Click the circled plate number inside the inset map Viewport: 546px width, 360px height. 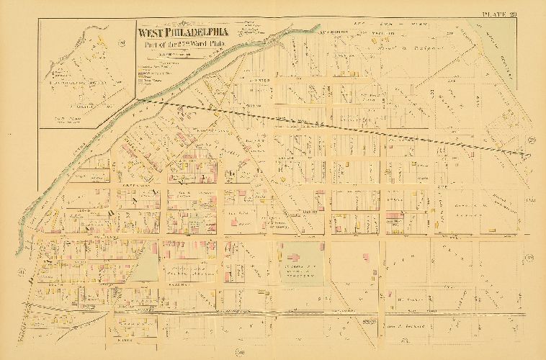pyautogui.click(x=123, y=43)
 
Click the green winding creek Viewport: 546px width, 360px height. pyautogui.click(x=144, y=108)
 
